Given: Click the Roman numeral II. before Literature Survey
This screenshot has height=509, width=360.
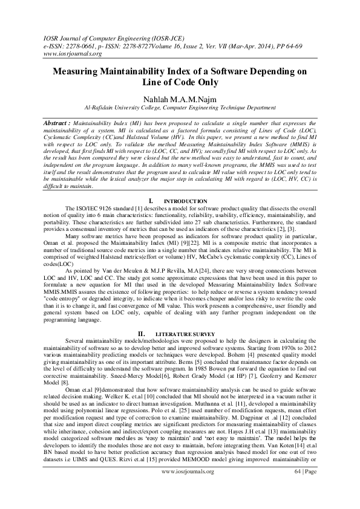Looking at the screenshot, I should tap(141, 333).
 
